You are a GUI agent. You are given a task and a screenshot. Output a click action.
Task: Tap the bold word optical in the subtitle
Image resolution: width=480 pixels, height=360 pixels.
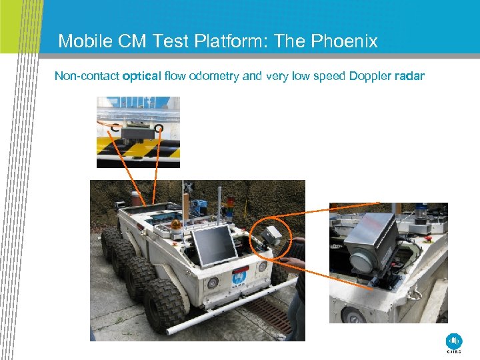[141, 76]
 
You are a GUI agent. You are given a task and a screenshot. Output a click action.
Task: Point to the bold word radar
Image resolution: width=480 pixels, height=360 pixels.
[409, 76]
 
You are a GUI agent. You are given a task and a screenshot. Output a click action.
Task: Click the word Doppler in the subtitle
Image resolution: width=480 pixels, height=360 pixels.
[370, 76]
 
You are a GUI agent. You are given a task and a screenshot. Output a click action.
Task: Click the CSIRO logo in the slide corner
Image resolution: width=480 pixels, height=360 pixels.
[454, 342]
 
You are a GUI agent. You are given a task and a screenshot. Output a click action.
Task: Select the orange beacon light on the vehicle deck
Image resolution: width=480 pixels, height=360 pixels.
[176, 225]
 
